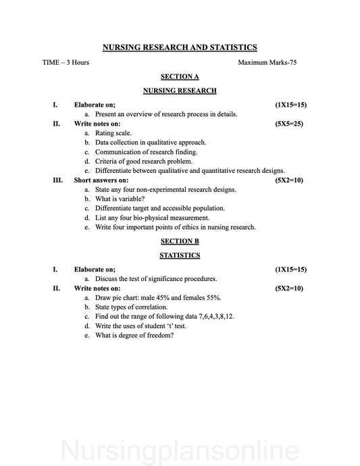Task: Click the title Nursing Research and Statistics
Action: click(180, 47)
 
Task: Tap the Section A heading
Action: click(180, 77)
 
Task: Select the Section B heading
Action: click(180, 241)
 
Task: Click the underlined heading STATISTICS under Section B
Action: click(180, 256)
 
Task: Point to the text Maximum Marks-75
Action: click(267, 63)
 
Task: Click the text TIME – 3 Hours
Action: click(66, 63)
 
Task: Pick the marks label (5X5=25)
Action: click(290, 124)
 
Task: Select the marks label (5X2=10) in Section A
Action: click(290, 180)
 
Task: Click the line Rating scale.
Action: click(113, 134)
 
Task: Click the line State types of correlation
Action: click(131, 307)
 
